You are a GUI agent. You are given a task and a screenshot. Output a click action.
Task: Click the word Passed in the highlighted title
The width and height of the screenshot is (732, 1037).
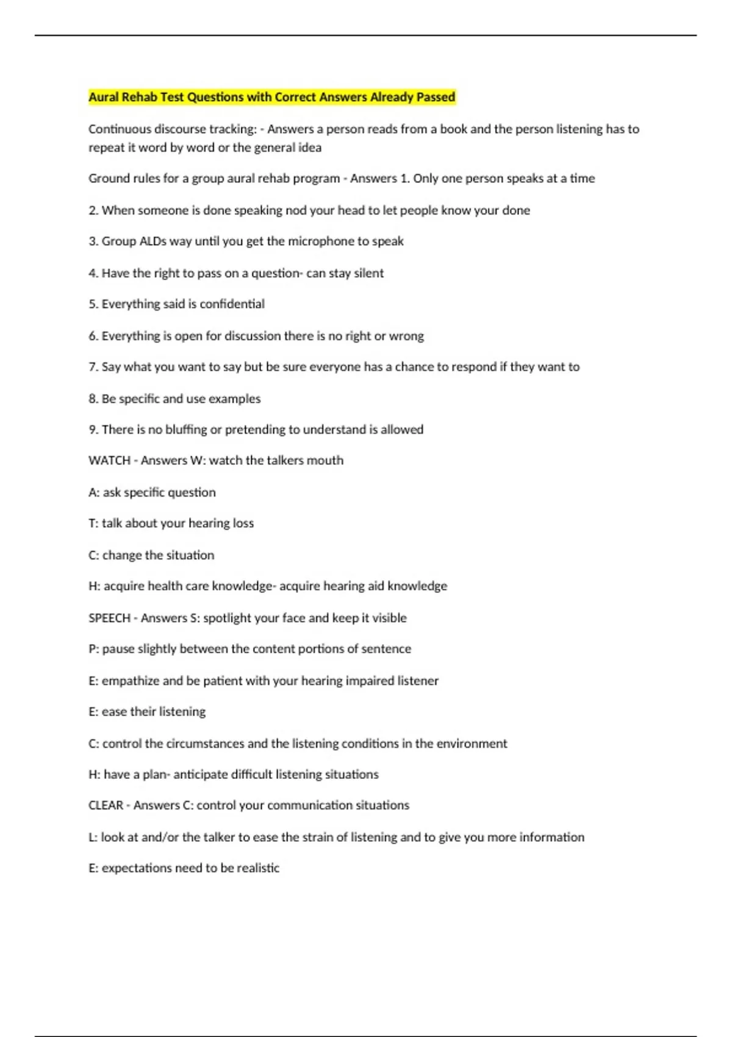pos(435,97)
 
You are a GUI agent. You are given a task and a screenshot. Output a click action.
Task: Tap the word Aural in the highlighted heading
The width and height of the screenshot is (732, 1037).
pos(104,97)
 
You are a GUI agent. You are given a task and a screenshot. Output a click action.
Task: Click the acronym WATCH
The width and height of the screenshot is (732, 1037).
pos(109,461)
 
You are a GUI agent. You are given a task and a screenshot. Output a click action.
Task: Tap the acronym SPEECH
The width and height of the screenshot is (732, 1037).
pos(109,618)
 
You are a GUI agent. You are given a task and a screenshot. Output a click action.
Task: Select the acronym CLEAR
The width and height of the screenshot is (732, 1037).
pos(106,805)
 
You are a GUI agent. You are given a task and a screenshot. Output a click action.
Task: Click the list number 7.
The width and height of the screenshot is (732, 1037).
pos(93,367)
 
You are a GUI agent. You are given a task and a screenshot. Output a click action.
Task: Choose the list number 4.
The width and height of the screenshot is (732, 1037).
pos(93,273)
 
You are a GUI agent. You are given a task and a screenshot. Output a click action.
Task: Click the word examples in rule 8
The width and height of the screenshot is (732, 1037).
pos(235,399)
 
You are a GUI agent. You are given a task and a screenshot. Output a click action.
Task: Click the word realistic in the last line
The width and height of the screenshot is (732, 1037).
pos(258,868)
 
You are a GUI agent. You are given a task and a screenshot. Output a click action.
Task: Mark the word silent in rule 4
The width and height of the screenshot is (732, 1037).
pos(368,273)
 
